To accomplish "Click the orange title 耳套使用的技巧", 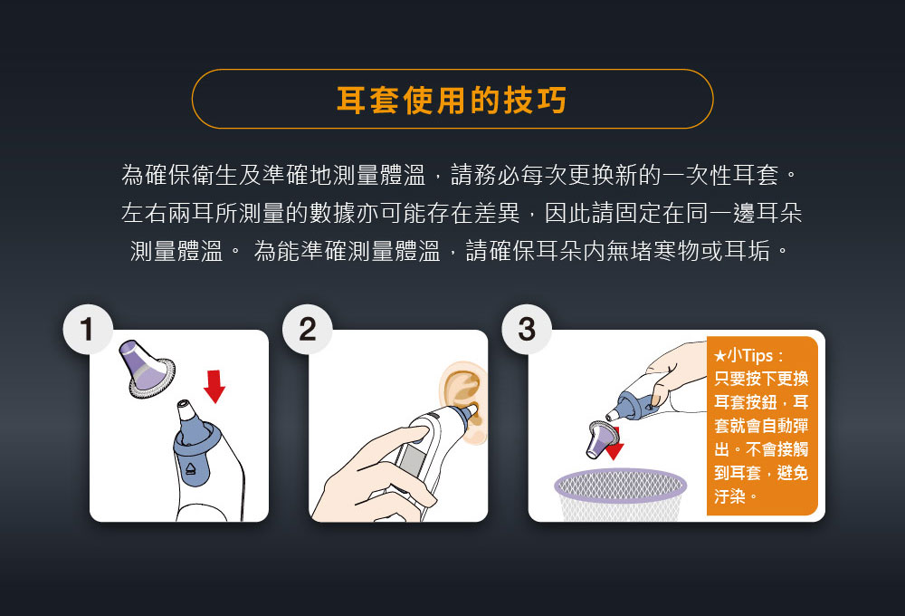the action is pyautogui.click(x=452, y=100).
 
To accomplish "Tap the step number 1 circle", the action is pyautogui.click(x=88, y=330).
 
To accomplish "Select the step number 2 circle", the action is pyautogui.click(x=307, y=330).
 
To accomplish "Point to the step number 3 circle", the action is pyautogui.click(x=527, y=330).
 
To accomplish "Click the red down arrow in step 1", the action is pyautogui.click(x=214, y=387).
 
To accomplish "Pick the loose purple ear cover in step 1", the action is pyautogui.click(x=146, y=370).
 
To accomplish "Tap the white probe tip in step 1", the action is pyautogui.click(x=186, y=411).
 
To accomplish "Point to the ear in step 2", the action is pyautogui.click(x=463, y=401).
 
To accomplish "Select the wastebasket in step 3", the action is pyautogui.click(x=621, y=495).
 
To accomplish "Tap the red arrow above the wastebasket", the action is pyautogui.click(x=614, y=444).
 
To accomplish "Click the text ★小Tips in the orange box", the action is pyautogui.click(x=743, y=355).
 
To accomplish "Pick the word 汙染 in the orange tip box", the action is pyautogui.click(x=729, y=496).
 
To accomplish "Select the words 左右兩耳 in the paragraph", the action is pyautogui.click(x=168, y=213).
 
